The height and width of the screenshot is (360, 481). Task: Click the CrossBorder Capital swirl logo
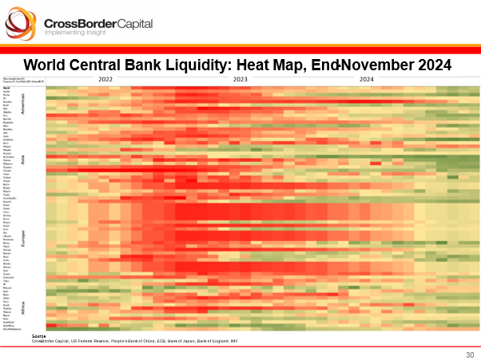(x=22, y=25)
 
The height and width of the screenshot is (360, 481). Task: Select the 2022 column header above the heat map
(x=106, y=79)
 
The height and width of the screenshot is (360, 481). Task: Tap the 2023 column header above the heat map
(x=239, y=79)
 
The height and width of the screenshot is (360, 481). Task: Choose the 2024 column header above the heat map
(x=366, y=79)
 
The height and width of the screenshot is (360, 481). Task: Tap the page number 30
(x=469, y=354)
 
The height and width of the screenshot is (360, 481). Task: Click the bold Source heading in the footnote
(x=38, y=336)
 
